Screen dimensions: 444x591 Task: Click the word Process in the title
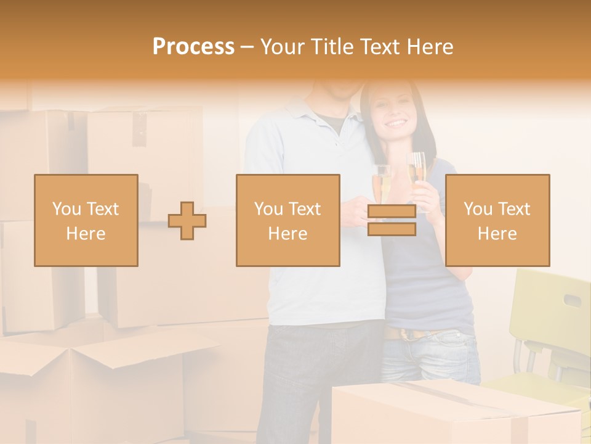point(193,47)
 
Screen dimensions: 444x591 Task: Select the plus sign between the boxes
point(187,221)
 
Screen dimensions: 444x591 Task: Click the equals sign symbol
point(392,220)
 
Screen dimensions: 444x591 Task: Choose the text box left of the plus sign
point(86,220)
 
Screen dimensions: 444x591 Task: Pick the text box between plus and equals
point(287,220)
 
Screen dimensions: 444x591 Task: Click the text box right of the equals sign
point(497,220)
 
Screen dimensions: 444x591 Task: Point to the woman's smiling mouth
point(396,123)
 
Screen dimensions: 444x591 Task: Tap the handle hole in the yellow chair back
point(573,301)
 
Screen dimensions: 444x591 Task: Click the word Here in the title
point(426,47)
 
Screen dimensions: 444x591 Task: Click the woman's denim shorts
point(431,358)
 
